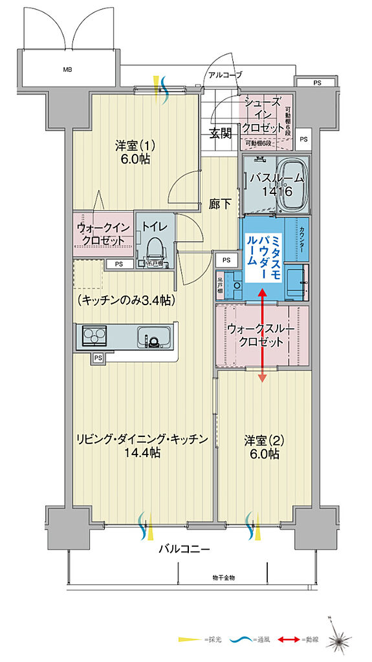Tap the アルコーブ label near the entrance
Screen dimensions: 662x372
(224, 76)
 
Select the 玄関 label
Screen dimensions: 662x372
(221, 134)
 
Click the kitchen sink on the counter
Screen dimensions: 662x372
(153, 338)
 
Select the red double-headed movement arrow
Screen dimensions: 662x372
(263, 336)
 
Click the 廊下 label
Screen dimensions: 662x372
(221, 204)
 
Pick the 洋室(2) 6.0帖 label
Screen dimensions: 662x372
(261, 447)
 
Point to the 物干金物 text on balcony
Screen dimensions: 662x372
(224, 577)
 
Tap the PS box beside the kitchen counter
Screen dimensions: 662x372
(98, 358)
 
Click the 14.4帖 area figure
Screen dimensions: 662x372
(142, 453)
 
